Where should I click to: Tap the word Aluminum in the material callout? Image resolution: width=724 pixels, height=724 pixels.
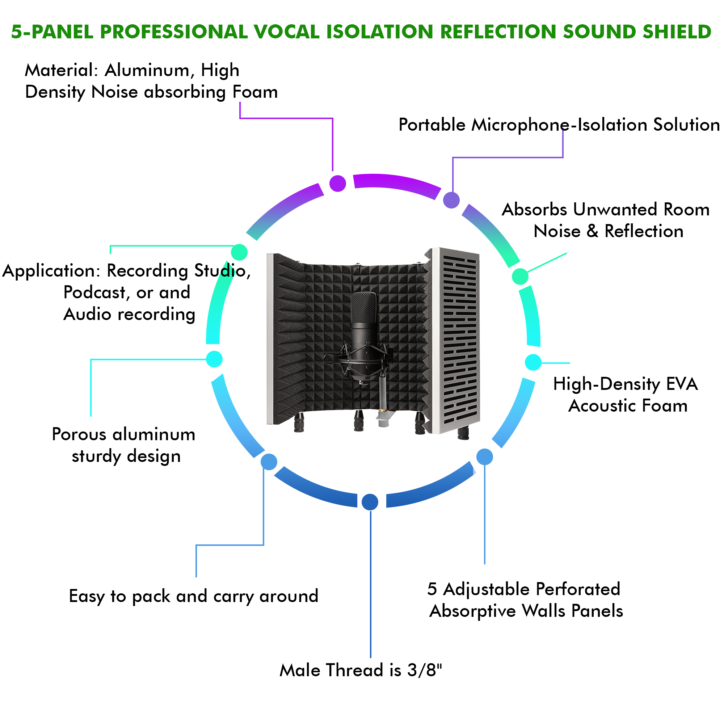click(x=147, y=71)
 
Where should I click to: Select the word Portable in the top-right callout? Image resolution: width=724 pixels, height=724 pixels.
click(x=432, y=125)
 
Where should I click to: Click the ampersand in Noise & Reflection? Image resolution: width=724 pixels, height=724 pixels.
click(x=592, y=231)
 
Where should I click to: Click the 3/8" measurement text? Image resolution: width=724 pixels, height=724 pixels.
click(x=425, y=670)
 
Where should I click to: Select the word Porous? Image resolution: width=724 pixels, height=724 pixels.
click(x=79, y=435)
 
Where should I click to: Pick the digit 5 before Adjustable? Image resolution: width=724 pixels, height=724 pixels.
click(x=432, y=589)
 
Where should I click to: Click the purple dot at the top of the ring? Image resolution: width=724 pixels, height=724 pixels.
click(x=338, y=183)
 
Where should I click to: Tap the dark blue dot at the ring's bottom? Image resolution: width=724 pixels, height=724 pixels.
click(x=370, y=502)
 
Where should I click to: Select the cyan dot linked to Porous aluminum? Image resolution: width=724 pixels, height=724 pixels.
click(x=214, y=359)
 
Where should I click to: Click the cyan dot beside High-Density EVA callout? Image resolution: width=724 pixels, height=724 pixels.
click(x=533, y=362)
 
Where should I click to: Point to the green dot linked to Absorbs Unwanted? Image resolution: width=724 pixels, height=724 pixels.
click(x=520, y=277)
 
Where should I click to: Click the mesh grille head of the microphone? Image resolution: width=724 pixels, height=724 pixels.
click(x=363, y=307)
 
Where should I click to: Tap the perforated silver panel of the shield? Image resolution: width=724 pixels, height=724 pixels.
click(x=459, y=337)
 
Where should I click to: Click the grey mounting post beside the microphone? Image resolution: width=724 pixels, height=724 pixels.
click(x=383, y=397)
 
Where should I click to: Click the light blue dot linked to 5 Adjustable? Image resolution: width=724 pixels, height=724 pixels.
click(x=485, y=457)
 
